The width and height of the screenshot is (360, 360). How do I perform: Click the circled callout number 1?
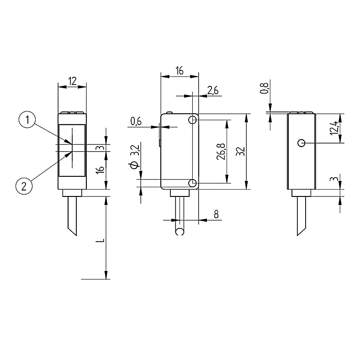click(27, 120)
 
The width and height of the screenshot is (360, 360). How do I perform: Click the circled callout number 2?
click(24, 186)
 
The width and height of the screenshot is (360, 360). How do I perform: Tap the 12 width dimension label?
click(73, 81)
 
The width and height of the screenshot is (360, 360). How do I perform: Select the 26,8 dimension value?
click(221, 151)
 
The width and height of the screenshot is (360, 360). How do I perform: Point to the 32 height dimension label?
click(241, 151)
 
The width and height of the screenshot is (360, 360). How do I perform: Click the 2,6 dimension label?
click(213, 90)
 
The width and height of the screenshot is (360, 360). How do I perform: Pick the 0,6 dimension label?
click(136, 121)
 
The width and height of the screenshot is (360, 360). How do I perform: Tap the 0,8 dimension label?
click(264, 88)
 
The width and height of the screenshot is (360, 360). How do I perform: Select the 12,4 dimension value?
click(334, 127)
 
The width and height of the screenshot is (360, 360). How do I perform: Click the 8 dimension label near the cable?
click(216, 214)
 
